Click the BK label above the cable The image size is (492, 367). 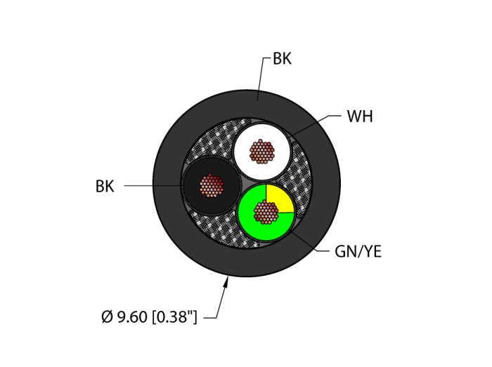pos(282,60)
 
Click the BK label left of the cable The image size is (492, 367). pos(105,187)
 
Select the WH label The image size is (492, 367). pos(360,116)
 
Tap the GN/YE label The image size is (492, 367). pos(358,252)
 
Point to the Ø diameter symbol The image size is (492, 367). pos(108,318)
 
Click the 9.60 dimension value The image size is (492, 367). pos(131,318)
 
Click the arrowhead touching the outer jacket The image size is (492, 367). pos(226,282)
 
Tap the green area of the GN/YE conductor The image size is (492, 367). pos(250,221)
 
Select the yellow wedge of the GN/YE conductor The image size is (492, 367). pos(279,199)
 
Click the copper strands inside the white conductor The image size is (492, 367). pos(261,151)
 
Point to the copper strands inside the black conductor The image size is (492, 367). pos(212,185)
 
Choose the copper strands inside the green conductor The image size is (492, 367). pos(266,211)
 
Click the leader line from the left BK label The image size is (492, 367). pos(151,186)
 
